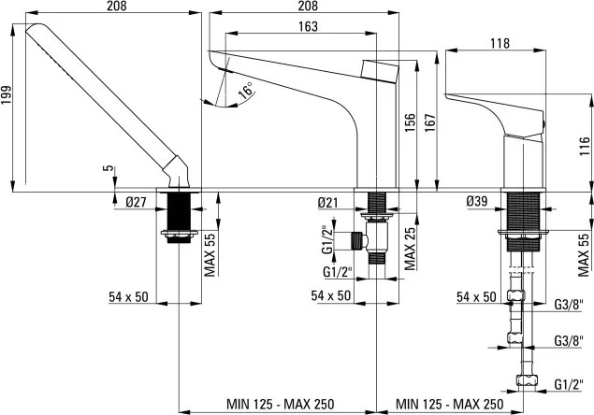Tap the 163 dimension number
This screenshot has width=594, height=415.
pos(306,27)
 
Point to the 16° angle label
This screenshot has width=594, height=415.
pos(245,91)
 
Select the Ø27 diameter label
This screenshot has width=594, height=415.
pos(137,201)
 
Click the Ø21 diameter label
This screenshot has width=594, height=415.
pos(327,201)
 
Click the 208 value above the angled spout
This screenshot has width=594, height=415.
pos(111,7)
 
